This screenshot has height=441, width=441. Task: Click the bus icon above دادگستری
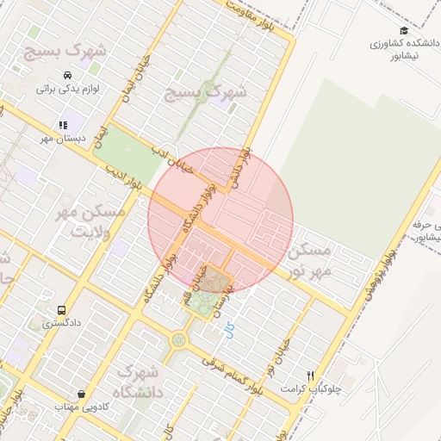(60, 310)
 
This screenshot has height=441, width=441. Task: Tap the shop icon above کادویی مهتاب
(81, 394)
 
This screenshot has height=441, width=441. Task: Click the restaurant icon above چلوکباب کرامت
(311, 376)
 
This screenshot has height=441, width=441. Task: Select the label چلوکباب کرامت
(311, 389)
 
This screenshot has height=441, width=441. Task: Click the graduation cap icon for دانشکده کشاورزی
(404, 31)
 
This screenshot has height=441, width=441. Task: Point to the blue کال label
(229, 330)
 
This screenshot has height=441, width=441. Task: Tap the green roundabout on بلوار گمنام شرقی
(178, 340)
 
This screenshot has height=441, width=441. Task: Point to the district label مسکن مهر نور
(310, 261)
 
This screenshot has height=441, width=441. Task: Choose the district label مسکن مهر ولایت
(89, 221)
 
